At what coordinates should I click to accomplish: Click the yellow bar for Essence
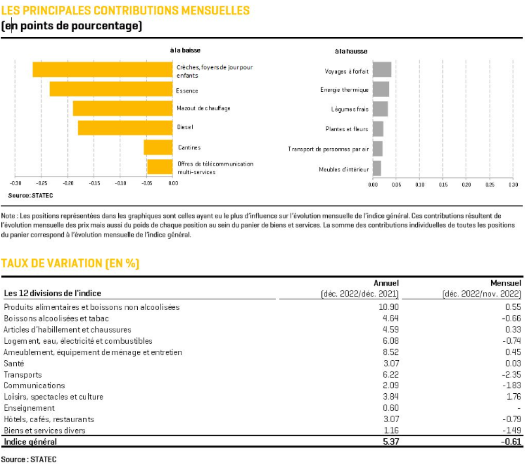tap(111, 89)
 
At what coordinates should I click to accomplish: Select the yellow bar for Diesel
tap(125, 128)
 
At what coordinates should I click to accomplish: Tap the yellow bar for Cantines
tap(158, 147)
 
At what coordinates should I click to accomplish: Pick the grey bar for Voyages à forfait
tap(382, 70)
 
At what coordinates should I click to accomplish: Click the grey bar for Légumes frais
tap(380, 109)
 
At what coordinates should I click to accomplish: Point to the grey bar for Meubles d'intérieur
tap(377, 168)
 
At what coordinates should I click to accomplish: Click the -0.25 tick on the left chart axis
tap(42, 183)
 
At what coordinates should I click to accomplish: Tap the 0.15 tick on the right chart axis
tap(443, 185)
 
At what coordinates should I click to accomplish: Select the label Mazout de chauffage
tap(203, 108)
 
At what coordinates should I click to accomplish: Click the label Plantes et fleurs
tap(347, 129)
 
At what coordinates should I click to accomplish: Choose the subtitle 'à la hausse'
tap(351, 51)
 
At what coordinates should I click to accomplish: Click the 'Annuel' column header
tap(386, 283)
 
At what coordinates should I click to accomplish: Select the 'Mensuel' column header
tap(506, 283)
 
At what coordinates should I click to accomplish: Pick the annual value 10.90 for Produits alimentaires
tap(389, 307)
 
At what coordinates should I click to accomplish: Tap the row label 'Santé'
tap(14, 364)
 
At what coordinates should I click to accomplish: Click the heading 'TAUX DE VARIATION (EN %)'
tap(70, 263)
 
